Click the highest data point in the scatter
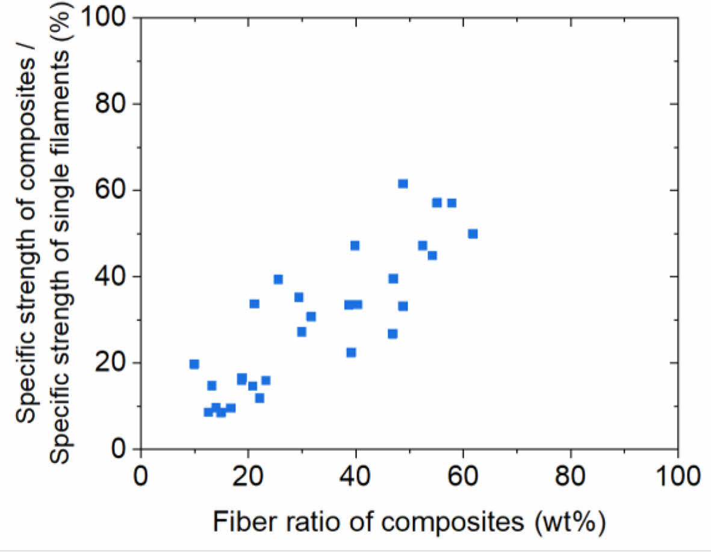(403, 184)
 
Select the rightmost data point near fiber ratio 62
(473, 234)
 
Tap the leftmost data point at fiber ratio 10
(194, 364)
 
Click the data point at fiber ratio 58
(452, 203)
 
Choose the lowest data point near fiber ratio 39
(351, 352)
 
